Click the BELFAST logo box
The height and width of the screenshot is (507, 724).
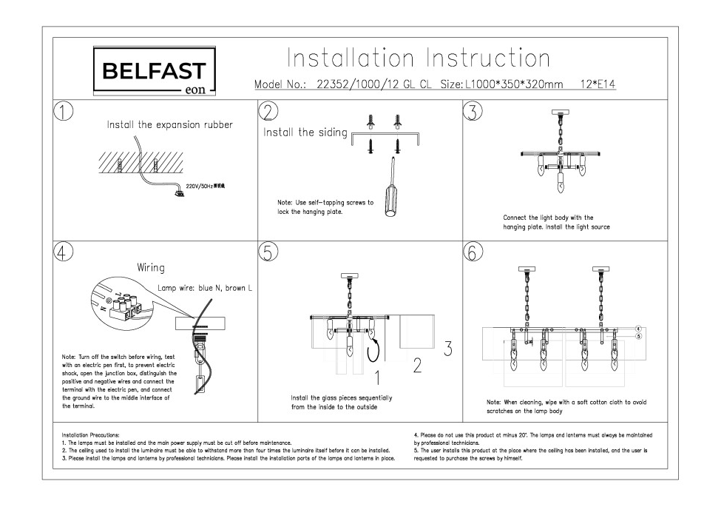[154, 72]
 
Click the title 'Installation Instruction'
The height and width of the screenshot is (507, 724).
[418, 58]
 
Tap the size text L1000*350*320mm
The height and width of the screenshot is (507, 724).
[514, 84]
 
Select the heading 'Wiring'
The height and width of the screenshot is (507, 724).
[150, 267]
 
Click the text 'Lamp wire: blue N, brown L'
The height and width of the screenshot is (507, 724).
[206, 288]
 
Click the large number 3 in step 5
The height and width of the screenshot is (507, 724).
[447, 348]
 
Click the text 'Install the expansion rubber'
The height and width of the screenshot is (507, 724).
[170, 124]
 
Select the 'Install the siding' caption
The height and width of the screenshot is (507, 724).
[305, 132]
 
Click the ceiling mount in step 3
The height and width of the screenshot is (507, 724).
[561, 113]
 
